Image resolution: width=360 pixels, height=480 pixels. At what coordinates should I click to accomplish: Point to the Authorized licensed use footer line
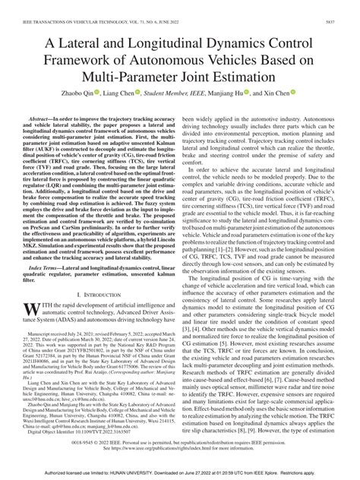point(179,474)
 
